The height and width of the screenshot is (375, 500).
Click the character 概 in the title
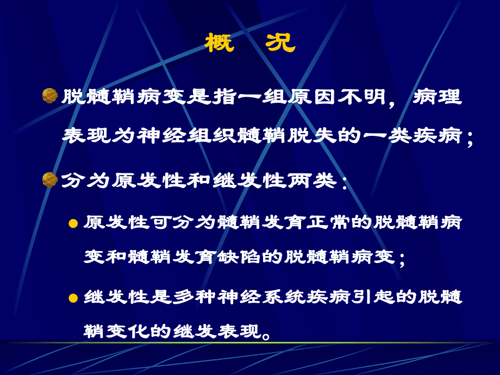coord(220,42)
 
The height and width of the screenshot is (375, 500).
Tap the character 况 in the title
coord(280,42)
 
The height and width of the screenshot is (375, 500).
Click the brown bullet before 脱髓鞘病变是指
coord(50,97)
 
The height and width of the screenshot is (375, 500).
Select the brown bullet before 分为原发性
coord(50,179)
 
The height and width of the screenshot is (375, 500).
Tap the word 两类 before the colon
coord(315,180)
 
